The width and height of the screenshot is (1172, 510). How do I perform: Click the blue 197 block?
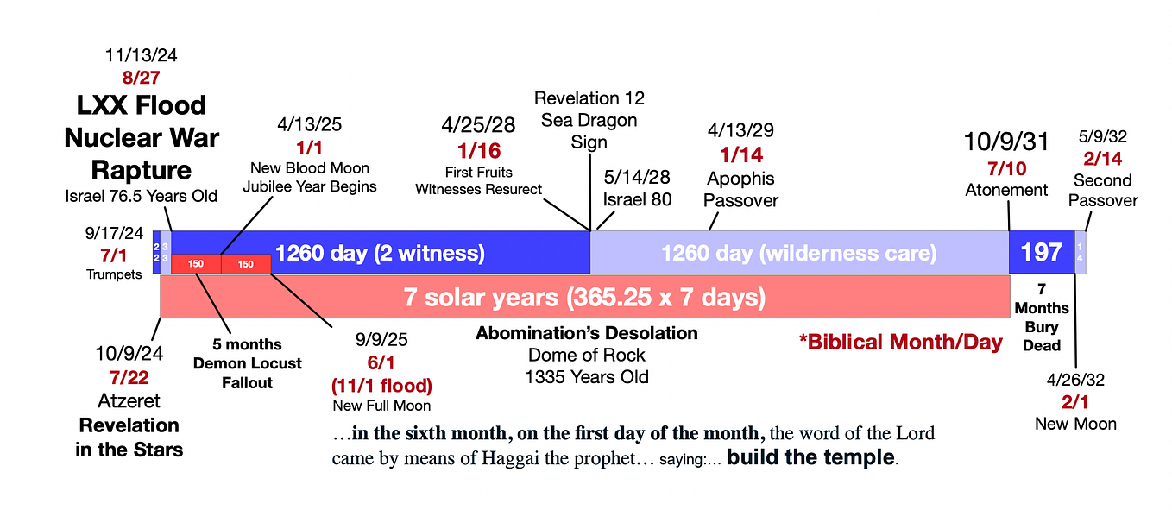[x=1041, y=253]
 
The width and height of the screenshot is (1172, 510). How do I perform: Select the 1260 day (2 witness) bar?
[x=380, y=253]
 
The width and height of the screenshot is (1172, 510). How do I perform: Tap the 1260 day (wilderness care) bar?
[x=798, y=253]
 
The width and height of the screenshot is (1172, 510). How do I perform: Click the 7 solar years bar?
[x=584, y=298]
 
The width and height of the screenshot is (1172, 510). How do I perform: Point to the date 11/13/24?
[x=140, y=55]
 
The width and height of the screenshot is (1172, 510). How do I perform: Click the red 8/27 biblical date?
[x=140, y=78]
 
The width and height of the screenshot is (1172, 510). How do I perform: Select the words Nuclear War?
[x=142, y=137]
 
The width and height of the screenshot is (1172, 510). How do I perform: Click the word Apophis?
[x=740, y=179]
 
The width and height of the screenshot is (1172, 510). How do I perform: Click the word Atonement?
[x=1006, y=190]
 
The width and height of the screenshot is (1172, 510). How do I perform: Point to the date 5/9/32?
[x=1103, y=136]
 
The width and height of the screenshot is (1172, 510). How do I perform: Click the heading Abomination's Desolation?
[x=586, y=333]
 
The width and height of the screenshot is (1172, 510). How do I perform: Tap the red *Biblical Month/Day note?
[x=901, y=343]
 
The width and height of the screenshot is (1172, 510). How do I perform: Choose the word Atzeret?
[x=128, y=401]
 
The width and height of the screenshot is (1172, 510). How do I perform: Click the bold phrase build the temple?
[x=810, y=457]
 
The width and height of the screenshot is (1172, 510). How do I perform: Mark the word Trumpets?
[x=114, y=274]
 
